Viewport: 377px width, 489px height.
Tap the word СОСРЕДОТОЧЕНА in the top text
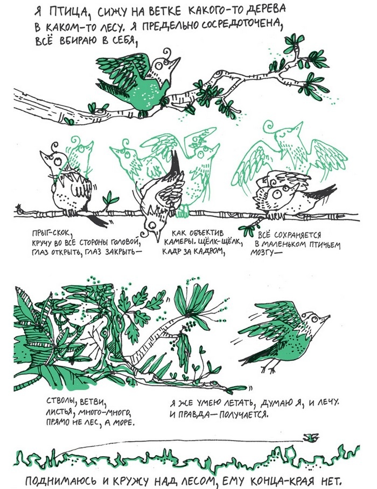pyautogui.click(x=242, y=26)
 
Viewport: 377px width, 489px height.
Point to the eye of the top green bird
pyautogui.click(x=159, y=66)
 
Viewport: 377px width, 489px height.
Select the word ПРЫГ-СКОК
pyautogui.click(x=52, y=234)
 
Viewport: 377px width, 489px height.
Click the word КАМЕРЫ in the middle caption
pyautogui.click(x=179, y=242)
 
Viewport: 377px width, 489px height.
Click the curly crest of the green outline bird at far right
pyautogui.click(x=269, y=126)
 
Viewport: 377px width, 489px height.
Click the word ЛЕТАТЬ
pyautogui.click(x=238, y=403)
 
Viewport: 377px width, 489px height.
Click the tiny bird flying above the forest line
pyautogui.click(x=311, y=438)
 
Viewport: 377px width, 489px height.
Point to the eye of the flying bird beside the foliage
pyautogui.click(x=314, y=319)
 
